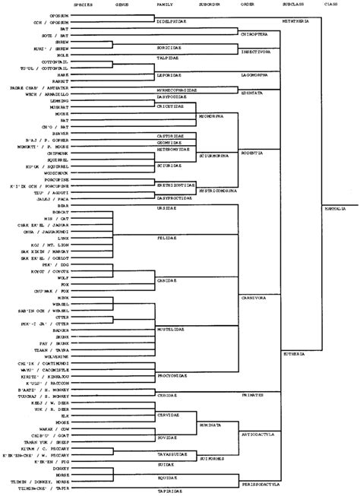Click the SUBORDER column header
210,4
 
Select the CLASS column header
331,4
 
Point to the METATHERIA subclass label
298,23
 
